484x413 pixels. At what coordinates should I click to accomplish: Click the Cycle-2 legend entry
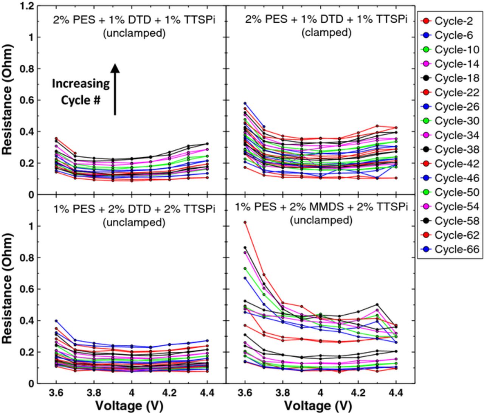[x=450, y=21]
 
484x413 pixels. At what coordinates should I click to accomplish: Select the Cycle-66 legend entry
[x=450, y=250]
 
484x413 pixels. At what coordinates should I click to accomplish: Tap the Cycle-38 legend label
[x=457, y=149]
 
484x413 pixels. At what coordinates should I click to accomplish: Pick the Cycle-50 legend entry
[x=450, y=193]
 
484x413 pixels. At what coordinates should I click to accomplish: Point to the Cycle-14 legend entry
[x=450, y=64]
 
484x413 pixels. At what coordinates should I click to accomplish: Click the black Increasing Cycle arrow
[x=115, y=89]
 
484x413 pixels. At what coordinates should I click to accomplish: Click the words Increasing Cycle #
[x=81, y=92]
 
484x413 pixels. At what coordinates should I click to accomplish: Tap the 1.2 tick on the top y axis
[x=27, y=6]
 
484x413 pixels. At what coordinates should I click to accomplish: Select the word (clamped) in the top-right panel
[x=326, y=33]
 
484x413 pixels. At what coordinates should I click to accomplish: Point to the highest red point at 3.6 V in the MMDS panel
[x=245, y=222]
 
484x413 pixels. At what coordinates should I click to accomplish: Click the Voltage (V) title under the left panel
[x=129, y=405]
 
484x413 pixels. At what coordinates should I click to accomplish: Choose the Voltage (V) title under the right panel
[x=318, y=405]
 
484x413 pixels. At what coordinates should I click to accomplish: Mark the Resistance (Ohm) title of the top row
[x=8, y=99]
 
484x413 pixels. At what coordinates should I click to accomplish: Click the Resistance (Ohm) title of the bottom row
[x=8, y=288]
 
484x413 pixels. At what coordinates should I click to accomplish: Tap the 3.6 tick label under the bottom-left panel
[x=56, y=393]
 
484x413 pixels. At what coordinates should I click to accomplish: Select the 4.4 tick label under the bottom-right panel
[x=396, y=393]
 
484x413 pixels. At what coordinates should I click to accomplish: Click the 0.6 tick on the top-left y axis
[x=27, y=101]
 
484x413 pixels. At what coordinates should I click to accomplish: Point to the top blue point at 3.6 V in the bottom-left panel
[x=56, y=321]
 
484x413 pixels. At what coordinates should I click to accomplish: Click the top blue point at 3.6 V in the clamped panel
[x=245, y=103]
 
